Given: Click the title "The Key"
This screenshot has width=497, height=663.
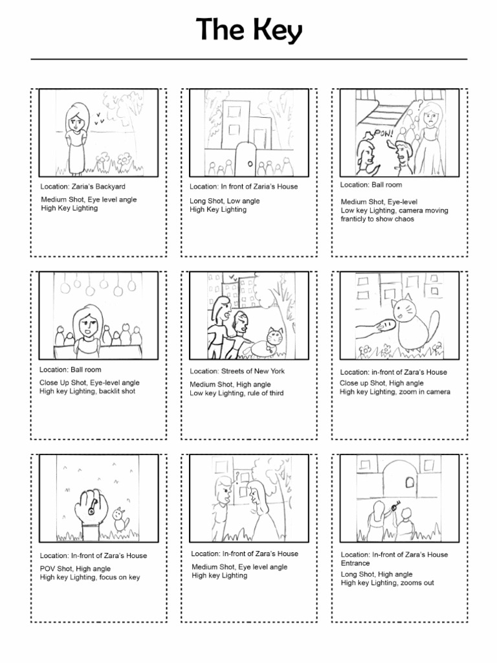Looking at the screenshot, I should tap(249, 30).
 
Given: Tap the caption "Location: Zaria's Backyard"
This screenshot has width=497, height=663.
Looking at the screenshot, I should tap(82, 186).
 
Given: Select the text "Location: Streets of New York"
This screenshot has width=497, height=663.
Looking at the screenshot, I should tap(237, 371).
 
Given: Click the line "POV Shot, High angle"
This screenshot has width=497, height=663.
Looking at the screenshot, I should tap(75, 568).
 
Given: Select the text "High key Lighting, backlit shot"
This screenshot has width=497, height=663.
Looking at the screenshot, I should tap(87, 391).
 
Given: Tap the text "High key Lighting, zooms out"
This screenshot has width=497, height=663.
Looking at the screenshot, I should tap(387, 583).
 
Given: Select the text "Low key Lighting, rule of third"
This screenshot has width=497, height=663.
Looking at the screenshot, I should tap(236, 393).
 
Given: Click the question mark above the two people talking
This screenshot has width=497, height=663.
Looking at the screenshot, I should tap(237, 478).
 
